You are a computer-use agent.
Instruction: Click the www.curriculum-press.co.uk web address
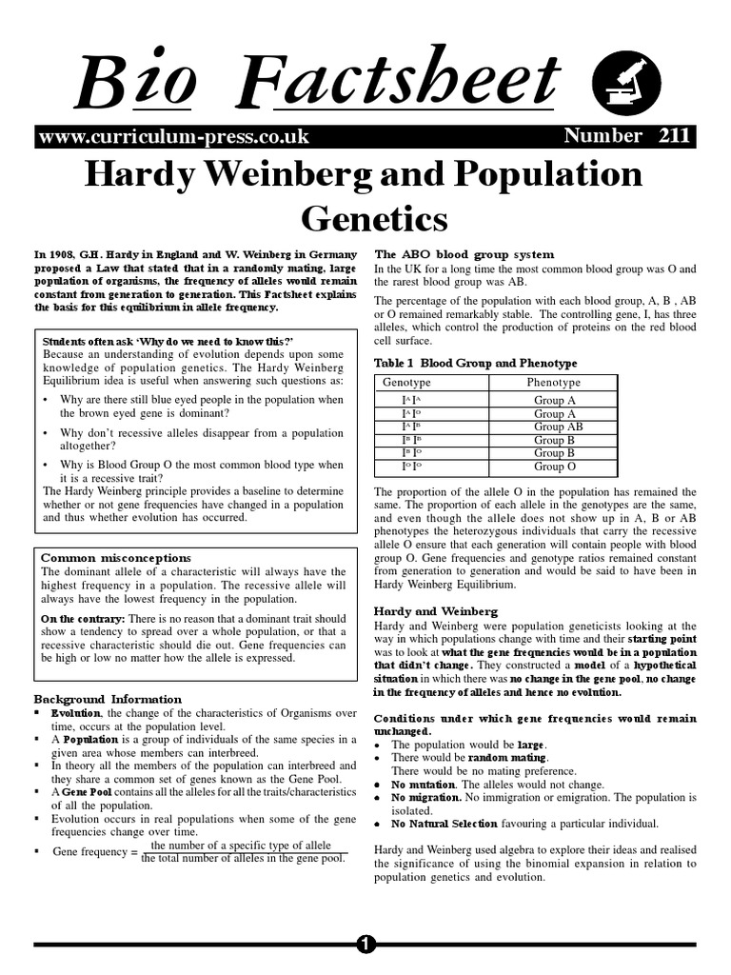173,136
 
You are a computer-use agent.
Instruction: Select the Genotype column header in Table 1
407,383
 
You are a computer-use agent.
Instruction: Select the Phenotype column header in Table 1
555,383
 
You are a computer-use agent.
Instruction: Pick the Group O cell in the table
555,467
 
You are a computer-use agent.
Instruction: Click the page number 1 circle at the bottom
366,944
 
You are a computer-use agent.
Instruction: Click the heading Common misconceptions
116,557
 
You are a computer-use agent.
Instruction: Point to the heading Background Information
108,698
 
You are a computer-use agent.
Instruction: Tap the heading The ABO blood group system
464,254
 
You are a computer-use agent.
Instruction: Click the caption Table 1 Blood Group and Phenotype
476,363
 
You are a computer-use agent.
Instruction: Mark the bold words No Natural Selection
444,823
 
